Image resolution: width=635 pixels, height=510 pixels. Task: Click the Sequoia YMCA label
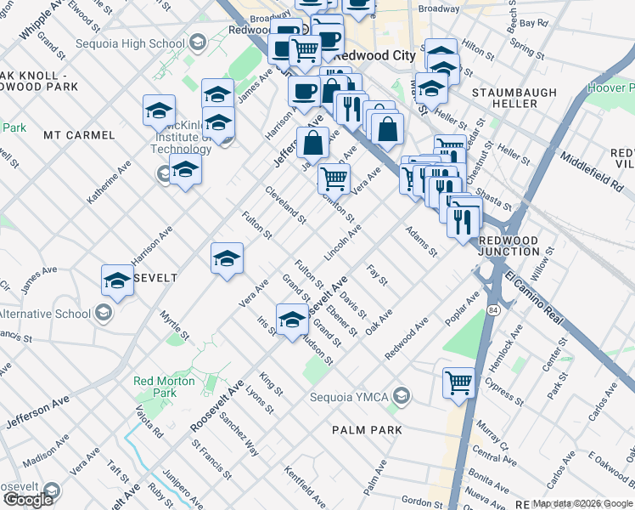click(x=356, y=396)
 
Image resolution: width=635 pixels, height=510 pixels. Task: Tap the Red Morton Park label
click(x=164, y=387)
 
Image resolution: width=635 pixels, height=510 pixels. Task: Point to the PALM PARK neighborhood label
click(x=367, y=430)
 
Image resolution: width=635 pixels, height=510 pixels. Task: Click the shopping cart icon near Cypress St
click(x=458, y=382)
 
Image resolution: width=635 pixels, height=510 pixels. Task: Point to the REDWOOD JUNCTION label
click(x=509, y=246)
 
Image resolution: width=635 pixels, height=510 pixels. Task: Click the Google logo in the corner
click(x=27, y=500)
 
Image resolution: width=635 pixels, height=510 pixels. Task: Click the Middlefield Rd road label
click(x=592, y=169)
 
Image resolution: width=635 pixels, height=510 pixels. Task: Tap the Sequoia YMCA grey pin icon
click(x=402, y=396)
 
